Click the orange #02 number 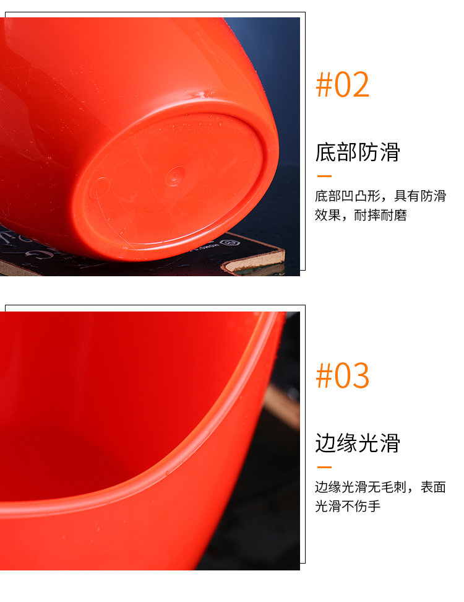coord(343,84)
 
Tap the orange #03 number coord(343,375)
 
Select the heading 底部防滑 coord(358,152)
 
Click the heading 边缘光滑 coord(358,443)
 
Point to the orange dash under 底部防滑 coord(324,177)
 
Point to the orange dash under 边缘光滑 coord(324,467)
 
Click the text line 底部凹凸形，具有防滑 coord(380,196)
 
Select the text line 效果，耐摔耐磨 coord(361,215)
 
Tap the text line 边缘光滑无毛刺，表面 coord(380,487)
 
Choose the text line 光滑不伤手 coord(348,506)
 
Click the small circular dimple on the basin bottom coord(175,177)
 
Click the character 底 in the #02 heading coord(325,152)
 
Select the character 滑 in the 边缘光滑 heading coord(390,443)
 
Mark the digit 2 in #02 coord(361,84)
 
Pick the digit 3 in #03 coord(361,375)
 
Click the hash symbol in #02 coord(324,84)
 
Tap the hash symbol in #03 coord(324,375)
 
